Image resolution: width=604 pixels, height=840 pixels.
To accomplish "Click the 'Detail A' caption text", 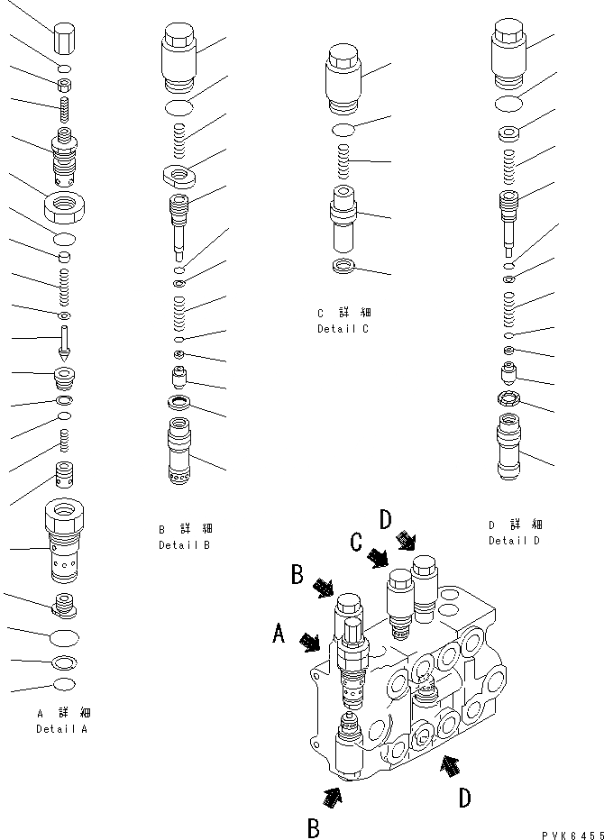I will click(61, 729).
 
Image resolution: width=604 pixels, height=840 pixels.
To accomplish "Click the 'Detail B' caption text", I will click(184, 545).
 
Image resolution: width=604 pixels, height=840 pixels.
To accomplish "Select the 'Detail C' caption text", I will click(343, 329).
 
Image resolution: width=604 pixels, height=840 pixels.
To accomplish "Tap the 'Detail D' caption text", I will click(514, 541).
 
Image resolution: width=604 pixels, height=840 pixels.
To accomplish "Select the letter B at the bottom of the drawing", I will click(313, 826).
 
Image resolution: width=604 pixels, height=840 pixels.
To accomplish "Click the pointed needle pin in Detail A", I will click(66, 342).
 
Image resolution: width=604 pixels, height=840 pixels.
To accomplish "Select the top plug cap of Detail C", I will click(342, 79).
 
